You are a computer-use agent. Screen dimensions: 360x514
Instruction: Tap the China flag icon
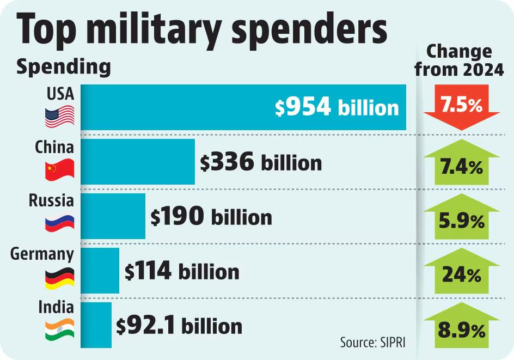[59, 170]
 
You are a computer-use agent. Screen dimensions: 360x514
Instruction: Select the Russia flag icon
[59, 223]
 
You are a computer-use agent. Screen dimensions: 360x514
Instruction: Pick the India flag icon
[59, 330]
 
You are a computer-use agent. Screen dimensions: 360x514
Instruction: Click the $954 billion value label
[336, 107]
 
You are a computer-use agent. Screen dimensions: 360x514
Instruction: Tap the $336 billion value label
[260, 162]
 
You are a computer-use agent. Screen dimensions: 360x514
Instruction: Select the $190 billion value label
[211, 217]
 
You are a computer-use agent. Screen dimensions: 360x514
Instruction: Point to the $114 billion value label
[182, 271]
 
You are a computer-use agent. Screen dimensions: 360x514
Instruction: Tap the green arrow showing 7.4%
[461, 163]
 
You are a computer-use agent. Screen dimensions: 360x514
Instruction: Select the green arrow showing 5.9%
[461, 217]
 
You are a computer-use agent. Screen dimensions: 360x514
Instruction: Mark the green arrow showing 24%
[461, 271]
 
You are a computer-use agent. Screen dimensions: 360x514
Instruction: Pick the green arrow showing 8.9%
[461, 326]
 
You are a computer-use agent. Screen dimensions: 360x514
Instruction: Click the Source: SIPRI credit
[373, 343]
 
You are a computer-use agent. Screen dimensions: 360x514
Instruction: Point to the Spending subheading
[63, 67]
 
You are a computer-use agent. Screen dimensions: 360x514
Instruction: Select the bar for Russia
[113, 216]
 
